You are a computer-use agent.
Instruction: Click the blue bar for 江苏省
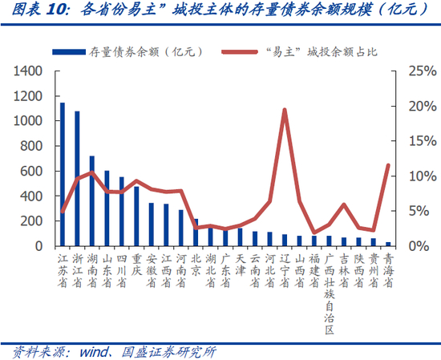click(x=63, y=174)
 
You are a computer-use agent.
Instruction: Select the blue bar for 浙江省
click(x=77, y=179)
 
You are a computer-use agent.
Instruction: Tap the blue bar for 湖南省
click(x=92, y=201)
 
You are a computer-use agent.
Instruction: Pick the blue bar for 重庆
click(x=136, y=216)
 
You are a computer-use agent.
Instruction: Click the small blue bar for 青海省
click(x=388, y=244)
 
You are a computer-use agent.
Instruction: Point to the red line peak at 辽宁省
click(x=285, y=110)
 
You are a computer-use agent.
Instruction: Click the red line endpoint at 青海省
click(x=388, y=165)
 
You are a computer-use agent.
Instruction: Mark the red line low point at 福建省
click(x=314, y=233)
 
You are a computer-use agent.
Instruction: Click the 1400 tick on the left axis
click(x=28, y=71)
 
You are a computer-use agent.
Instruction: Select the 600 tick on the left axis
click(x=31, y=171)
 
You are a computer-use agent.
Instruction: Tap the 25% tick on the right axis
click(x=423, y=71)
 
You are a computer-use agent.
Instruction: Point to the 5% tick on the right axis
click(x=419, y=211)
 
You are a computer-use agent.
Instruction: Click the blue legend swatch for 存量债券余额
click(x=69, y=52)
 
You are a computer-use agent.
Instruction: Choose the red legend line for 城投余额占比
click(x=240, y=52)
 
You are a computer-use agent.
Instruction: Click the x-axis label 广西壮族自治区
click(x=329, y=294)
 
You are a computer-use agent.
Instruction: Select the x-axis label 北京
click(x=196, y=265)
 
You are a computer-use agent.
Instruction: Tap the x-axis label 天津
click(x=240, y=265)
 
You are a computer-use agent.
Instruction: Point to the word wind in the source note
click(x=94, y=352)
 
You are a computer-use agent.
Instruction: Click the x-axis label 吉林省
click(x=344, y=271)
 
